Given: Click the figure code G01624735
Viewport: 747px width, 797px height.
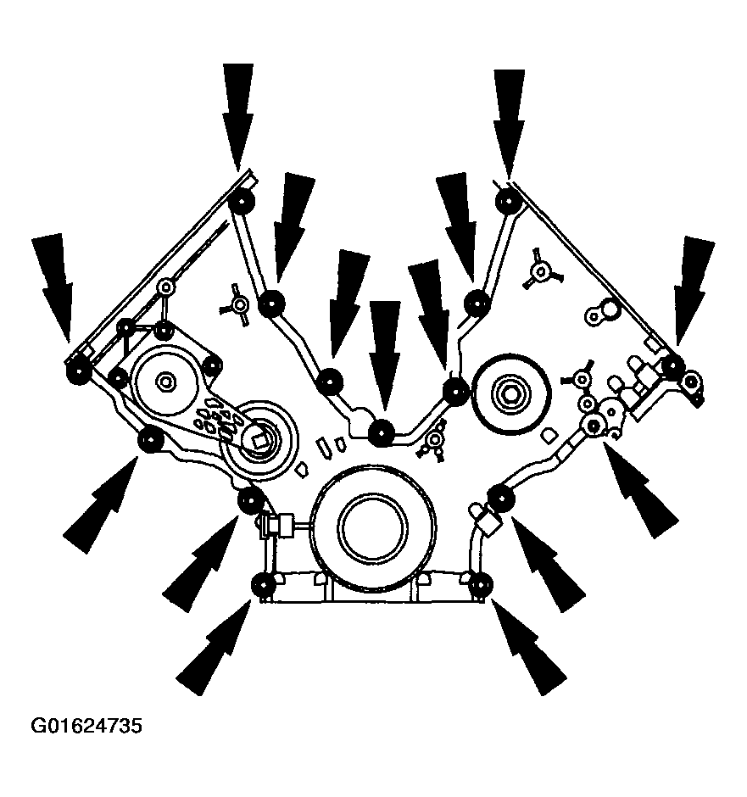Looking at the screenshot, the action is pos(86,726).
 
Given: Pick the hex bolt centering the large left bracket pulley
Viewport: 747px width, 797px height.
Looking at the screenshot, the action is pos(164,380).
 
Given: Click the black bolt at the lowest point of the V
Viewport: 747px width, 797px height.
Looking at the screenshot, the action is pos(382,433).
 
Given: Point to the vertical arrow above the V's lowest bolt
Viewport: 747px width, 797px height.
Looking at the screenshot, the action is pos(385,356).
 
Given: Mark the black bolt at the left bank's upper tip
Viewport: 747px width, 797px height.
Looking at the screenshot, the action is pos(242,202).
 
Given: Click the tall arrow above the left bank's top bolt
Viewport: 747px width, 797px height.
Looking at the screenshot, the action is pos(237,117).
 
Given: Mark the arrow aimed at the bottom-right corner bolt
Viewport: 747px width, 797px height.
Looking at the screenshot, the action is pos(528,647).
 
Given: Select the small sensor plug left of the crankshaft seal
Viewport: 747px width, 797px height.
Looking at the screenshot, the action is pos(277,525).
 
